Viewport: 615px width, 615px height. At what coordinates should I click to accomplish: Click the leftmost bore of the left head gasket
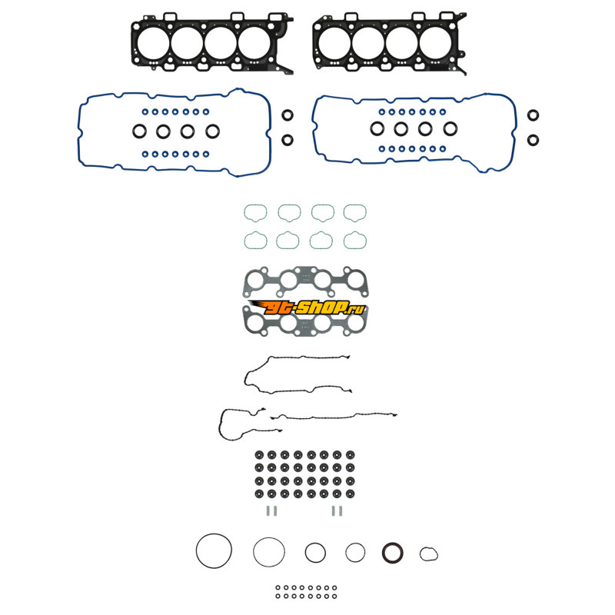(x=154, y=44)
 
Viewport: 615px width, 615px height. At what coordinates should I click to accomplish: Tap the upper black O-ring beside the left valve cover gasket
(x=287, y=116)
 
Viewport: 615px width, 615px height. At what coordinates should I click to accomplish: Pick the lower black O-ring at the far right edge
(x=533, y=140)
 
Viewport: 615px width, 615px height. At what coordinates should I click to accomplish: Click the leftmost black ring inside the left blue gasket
(x=140, y=131)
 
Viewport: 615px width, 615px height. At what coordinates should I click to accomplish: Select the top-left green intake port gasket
(x=255, y=212)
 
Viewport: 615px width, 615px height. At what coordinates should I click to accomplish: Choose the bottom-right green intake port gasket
(x=355, y=241)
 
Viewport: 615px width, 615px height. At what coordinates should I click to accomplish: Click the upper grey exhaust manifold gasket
(x=305, y=280)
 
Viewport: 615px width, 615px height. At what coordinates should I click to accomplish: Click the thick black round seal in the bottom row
(x=392, y=553)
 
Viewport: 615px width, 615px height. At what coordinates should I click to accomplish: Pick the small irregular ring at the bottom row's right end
(x=428, y=553)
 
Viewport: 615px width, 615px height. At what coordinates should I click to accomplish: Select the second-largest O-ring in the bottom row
(x=269, y=550)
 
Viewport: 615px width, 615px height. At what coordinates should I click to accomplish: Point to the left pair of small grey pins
(x=269, y=510)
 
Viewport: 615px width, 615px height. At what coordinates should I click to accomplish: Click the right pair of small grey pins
(x=336, y=510)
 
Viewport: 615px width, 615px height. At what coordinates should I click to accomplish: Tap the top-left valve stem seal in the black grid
(x=258, y=454)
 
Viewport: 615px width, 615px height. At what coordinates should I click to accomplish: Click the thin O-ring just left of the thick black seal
(x=355, y=552)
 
